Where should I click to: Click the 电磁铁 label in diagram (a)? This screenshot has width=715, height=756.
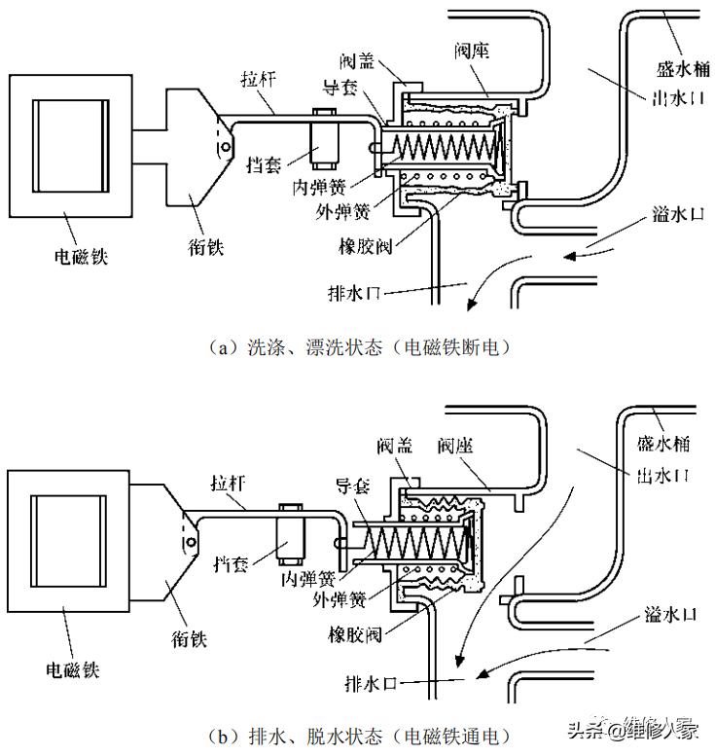81,258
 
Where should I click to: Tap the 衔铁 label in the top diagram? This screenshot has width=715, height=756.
207,247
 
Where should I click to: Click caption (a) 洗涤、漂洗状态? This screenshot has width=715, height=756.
359,346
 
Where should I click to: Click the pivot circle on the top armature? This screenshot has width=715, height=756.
224,148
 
